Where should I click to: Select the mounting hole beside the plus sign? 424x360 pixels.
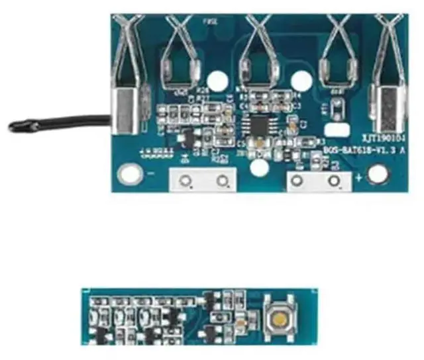click(x=378, y=174)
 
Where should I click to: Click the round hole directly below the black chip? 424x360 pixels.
click(x=261, y=168)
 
